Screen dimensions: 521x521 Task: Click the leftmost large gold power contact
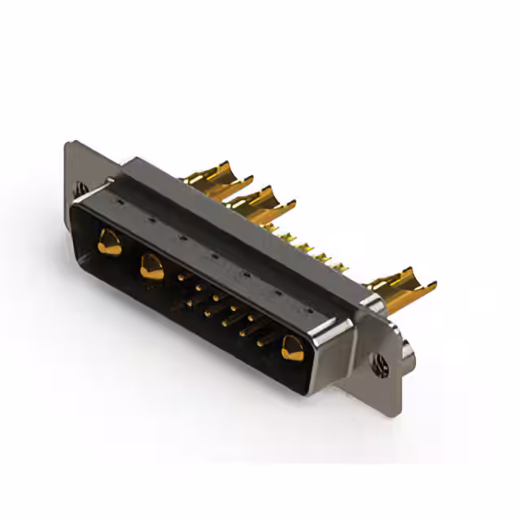[107, 239]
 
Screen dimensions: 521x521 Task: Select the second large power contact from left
[151, 265]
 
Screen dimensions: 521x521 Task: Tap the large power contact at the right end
[290, 348]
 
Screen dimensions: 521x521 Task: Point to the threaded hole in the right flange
[379, 366]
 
